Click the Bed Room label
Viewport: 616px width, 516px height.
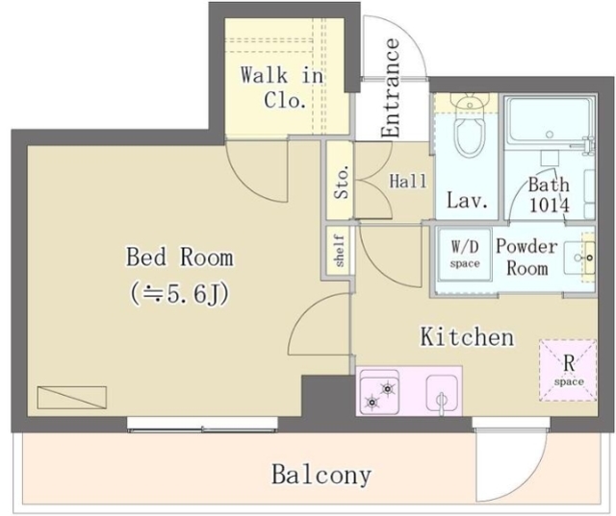180,258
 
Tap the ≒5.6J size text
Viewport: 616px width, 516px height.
179,294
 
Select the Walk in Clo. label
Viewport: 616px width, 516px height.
282,87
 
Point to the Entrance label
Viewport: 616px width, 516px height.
391,87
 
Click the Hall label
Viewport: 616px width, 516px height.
408,182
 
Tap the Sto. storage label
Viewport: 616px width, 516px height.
342,182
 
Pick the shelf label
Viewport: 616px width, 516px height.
340,251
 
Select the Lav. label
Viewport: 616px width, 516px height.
468,201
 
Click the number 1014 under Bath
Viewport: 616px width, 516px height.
550,205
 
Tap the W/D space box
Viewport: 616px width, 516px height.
465,254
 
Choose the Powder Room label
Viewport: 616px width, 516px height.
526,257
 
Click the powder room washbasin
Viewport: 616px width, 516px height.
579,258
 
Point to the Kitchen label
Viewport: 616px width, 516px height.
467,336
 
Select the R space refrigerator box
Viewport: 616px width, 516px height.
568,371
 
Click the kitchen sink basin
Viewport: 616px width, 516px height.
442,394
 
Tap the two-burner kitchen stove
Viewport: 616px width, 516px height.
378,393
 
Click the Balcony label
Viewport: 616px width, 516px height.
321,475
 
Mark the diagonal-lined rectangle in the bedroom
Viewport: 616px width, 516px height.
72,398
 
